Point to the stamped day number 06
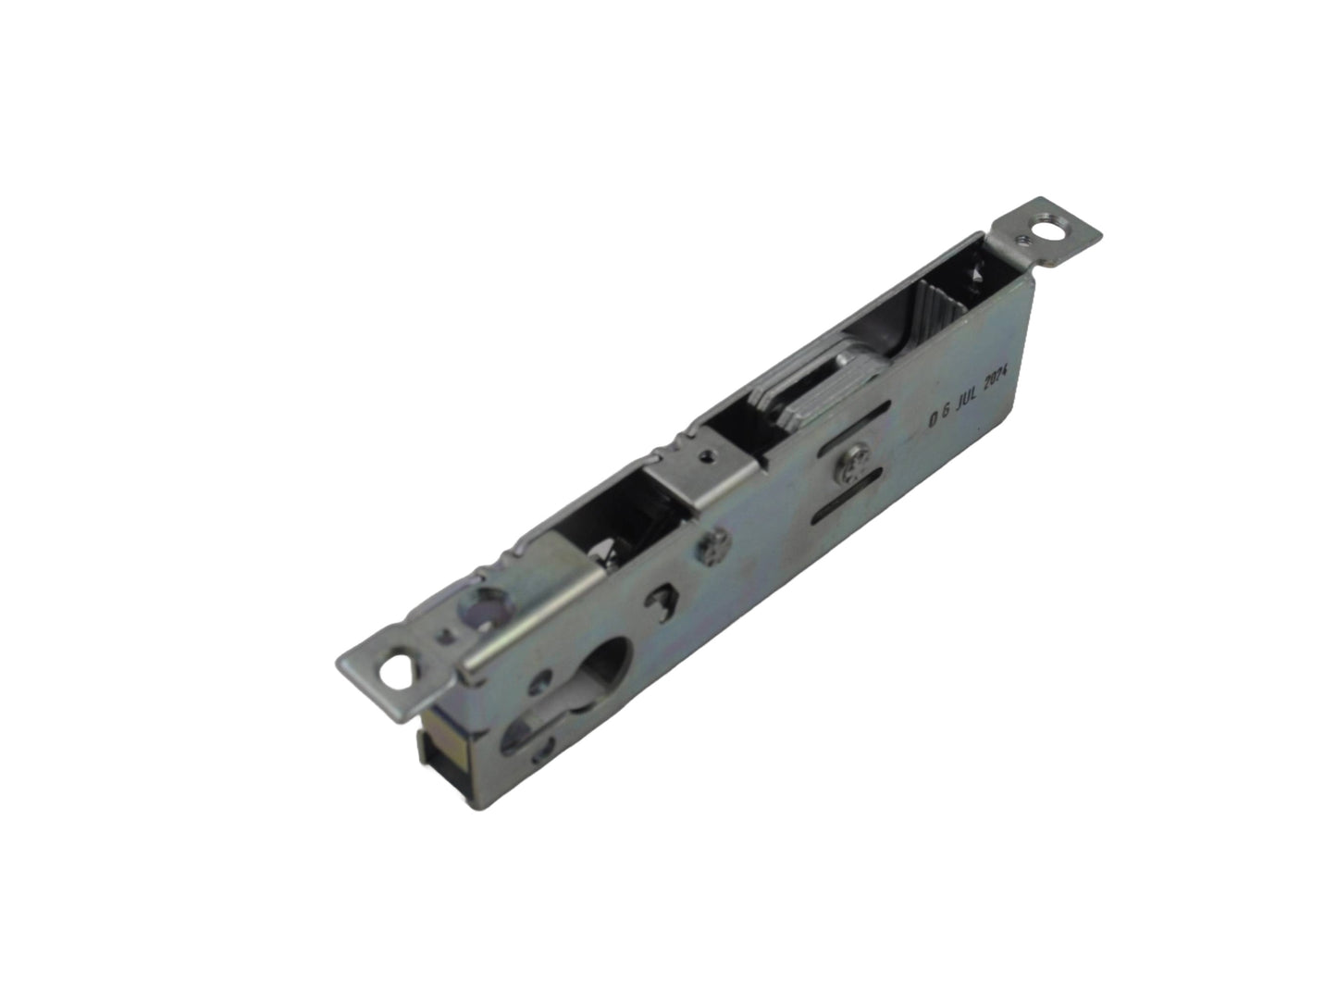tap(936, 418)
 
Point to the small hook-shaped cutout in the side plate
tap(660, 597)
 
